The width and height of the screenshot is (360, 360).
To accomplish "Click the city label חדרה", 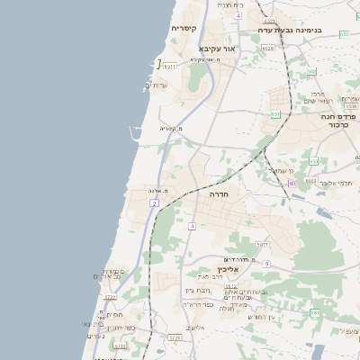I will click(x=221, y=193).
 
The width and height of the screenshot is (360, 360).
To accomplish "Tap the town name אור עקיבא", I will click(x=216, y=48).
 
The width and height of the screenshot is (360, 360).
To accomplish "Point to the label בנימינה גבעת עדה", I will click(x=290, y=29).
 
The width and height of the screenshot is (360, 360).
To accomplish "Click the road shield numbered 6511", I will click(x=168, y=65).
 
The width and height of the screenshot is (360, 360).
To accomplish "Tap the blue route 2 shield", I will click(x=155, y=204).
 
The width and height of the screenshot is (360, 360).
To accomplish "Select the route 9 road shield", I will click(x=267, y=264).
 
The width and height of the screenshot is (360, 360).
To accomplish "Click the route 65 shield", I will click(x=292, y=184).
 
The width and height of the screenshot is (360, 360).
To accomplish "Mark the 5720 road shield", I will click(x=175, y=337).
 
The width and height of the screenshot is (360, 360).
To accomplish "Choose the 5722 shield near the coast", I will click(x=110, y=297).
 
